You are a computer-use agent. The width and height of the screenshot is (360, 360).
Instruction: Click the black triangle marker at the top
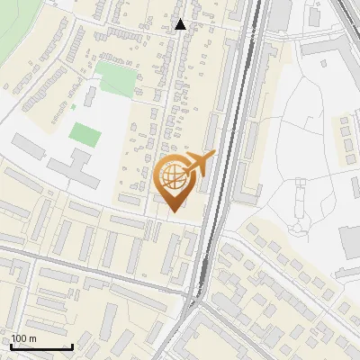pyautogui.click(x=180, y=24)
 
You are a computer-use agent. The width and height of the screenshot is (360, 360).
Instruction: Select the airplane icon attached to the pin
pyautogui.click(x=200, y=163)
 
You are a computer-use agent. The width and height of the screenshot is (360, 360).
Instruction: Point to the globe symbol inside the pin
pyautogui.click(x=173, y=175)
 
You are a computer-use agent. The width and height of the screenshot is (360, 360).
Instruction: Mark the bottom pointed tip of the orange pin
pyautogui.click(x=174, y=211)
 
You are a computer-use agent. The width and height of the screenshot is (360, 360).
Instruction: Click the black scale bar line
pyautogui.click(x=41, y=347)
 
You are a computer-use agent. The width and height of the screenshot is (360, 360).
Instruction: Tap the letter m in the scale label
pyautogui.click(x=32, y=338)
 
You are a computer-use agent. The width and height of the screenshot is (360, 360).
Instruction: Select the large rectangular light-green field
pyautogui.click(x=114, y=76)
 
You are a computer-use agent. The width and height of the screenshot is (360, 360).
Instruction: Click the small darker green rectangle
pyautogui.click(x=85, y=135)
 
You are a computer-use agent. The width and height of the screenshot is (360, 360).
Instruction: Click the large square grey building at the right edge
pyautogui.click(x=350, y=239)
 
